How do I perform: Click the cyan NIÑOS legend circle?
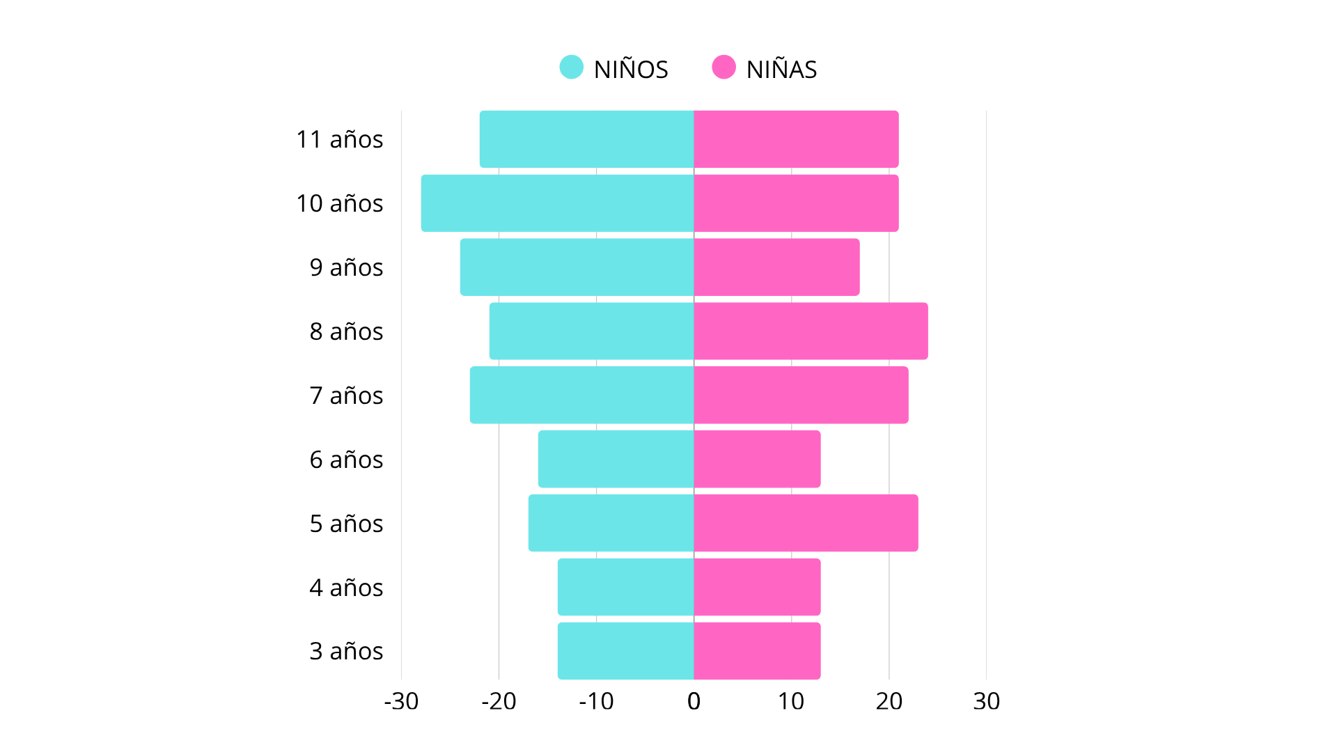pyautogui.click(x=571, y=68)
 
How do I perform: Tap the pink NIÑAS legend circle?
pyautogui.click(x=724, y=68)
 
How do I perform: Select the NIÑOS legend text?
pyautogui.click(x=631, y=70)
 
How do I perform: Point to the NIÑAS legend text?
pyautogui.click(x=781, y=70)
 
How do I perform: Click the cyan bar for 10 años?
pyautogui.click(x=557, y=203)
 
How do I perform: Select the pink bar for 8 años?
pyautogui.click(x=811, y=331)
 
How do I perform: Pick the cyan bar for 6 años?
pyautogui.click(x=616, y=460)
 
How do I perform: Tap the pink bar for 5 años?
pyautogui.click(x=806, y=524)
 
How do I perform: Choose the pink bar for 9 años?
pyautogui.click(x=776, y=267)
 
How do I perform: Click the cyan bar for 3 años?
pyautogui.click(x=625, y=651)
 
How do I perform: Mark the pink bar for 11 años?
pyautogui.click(x=796, y=139)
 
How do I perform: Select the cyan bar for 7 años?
pyautogui.click(x=581, y=395)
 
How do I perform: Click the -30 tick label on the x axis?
pyautogui.click(x=401, y=701)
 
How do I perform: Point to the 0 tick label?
pyautogui.click(x=694, y=701)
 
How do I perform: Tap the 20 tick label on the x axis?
pyautogui.click(x=889, y=701)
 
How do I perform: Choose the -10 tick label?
pyautogui.click(x=596, y=701)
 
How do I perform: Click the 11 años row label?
pyautogui.click(x=339, y=139)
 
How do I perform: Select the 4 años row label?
pyautogui.click(x=346, y=588)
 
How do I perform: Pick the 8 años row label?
pyautogui.click(x=346, y=331)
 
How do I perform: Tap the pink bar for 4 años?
pyautogui.click(x=757, y=588)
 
